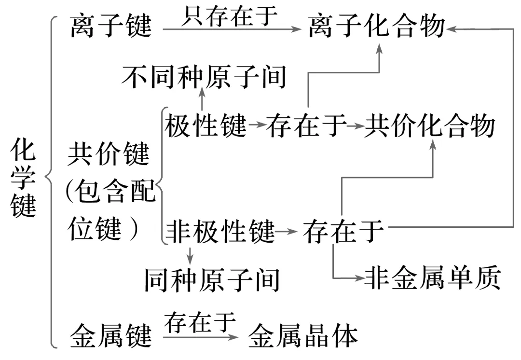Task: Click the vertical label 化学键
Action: (24, 178)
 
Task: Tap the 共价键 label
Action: (109, 154)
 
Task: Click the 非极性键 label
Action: (220, 232)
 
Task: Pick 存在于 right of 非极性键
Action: (343, 232)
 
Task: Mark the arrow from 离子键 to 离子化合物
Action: (232, 29)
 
